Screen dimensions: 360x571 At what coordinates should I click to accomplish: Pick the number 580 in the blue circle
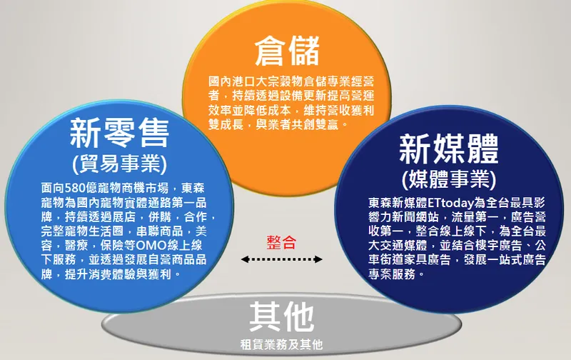click(76, 188)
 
